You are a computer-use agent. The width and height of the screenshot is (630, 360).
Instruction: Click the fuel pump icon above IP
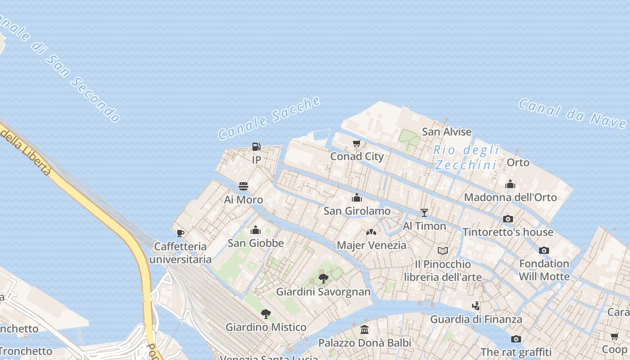(x=256, y=147)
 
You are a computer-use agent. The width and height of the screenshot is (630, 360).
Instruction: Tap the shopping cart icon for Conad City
(x=357, y=144)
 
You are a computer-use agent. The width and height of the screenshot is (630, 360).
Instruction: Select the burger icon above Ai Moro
(x=243, y=186)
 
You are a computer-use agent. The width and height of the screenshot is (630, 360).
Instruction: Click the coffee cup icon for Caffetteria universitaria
(x=180, y=233)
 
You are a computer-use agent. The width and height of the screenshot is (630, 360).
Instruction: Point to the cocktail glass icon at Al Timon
(x=424, y=213)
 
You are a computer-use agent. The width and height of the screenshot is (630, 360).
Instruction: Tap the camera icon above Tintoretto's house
(x=508, y=219)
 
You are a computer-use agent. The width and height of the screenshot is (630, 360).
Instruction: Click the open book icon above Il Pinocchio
(x=443, y=251)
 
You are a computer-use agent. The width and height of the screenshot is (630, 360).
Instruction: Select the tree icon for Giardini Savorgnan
(x=323, y=278)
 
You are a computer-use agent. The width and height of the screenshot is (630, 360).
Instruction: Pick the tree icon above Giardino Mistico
(x=266, y=314)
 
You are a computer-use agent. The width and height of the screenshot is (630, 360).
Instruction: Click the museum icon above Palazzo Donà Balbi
(x=364, y=330)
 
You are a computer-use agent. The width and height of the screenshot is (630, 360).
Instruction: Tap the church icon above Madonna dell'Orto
(x=510, y=184)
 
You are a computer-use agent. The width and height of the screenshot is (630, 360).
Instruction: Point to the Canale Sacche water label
(x=269, y=117)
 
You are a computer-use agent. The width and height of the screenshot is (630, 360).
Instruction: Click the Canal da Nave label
(x=572, y=113)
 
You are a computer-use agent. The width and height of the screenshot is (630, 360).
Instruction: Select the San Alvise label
(x=446, y=132)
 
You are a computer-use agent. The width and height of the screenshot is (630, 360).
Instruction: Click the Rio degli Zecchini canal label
(x=467, y=157)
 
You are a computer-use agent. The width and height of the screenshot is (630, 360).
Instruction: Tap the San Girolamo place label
(x=357, y=211)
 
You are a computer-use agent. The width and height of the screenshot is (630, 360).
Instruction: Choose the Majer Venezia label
(x=371, y=245)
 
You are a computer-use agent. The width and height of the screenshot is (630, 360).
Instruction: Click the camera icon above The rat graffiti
(x=516, y=339)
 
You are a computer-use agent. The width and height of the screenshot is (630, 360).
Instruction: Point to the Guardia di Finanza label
(x=476, y=319)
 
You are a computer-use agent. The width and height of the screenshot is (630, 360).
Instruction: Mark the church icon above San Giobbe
(x=256, y=230)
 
